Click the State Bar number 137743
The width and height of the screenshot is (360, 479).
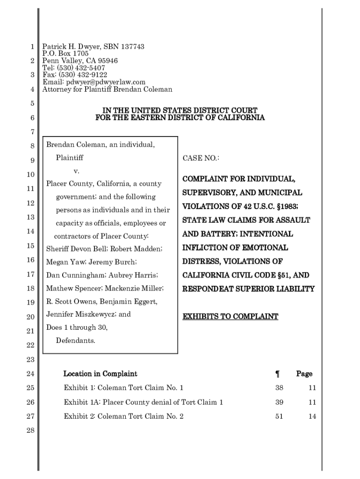(133, 47)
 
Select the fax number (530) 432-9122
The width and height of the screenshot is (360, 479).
(82, 75)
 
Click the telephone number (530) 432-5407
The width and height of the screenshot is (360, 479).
(82, 68)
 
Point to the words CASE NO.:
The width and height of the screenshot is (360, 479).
(201, 159)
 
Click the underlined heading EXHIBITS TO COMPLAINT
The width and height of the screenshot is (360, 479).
(230, 317)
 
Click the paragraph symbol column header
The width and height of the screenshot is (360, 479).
(277, 374)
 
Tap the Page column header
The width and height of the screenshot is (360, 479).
(304, 374)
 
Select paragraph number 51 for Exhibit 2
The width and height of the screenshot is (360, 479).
(279, 416)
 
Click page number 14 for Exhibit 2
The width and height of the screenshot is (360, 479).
(312, 416)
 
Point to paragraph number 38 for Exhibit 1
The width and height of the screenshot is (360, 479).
(279, 388)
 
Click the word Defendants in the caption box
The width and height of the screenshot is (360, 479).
(75, 340)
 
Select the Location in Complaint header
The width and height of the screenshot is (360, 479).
(100, 374)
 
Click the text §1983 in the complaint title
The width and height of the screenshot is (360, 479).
(284, 206)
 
